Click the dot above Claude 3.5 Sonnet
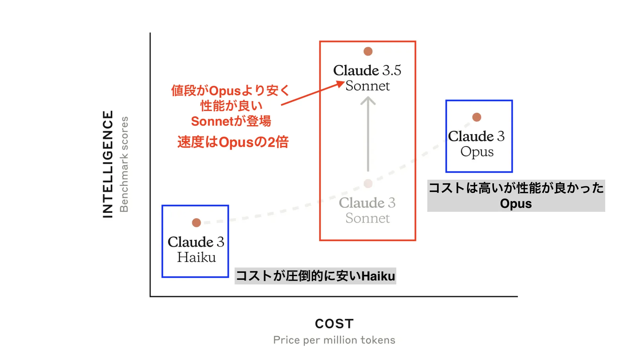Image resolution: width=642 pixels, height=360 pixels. click(368, 51)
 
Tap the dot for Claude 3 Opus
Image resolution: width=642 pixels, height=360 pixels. click(476, 117)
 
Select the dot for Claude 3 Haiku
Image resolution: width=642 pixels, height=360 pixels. click(196, 222)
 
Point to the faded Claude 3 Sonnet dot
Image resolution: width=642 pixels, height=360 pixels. click(368, 183)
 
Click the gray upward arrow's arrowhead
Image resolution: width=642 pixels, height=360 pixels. click(368, 100)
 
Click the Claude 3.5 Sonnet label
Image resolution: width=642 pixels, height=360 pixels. click(367, 78)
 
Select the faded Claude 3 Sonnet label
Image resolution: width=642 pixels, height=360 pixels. click(367, 210)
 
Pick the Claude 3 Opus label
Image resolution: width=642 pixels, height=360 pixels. click(476, 144)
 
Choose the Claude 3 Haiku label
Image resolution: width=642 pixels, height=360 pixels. click(196, 250)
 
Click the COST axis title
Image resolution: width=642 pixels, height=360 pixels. click(334, 324)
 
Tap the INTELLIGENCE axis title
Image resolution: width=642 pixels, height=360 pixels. click(108, 164)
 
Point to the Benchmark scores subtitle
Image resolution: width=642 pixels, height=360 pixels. click(124, 164)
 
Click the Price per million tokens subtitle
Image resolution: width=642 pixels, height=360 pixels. click(334, 340)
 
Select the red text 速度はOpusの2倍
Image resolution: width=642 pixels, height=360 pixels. click(233, 142)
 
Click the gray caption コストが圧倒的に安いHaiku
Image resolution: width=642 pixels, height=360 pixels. click(315, 276)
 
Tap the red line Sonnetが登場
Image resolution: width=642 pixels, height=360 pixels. click(231, 121)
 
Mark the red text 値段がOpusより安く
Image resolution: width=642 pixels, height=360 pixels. click(231, 90)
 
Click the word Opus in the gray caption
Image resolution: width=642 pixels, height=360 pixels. click(516, 204)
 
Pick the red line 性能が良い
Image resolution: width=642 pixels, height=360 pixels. click(231, 106)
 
